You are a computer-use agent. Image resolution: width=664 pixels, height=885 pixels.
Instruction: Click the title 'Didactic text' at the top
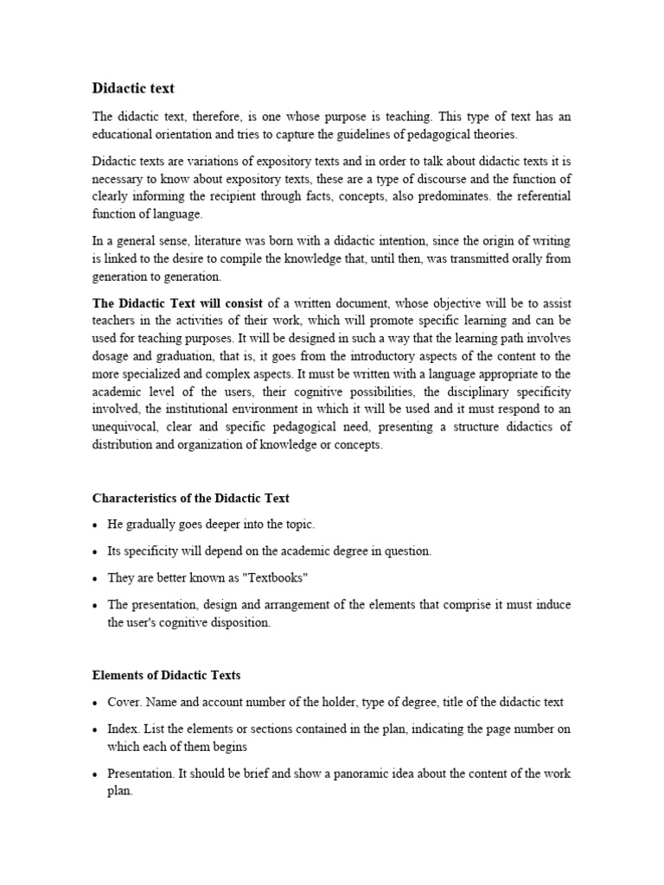[x=133, y=88]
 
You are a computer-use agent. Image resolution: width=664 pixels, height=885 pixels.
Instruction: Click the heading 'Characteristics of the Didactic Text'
[x=190, y=498]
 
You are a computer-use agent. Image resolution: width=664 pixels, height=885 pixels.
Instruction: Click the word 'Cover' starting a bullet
[x=123, y=703]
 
